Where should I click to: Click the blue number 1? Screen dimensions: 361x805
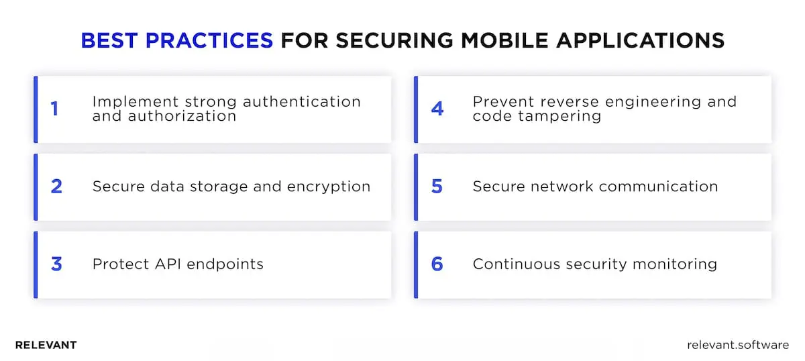coord(55,109)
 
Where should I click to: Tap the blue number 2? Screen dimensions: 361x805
coord(56,187)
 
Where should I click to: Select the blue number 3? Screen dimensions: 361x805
coord(56,264)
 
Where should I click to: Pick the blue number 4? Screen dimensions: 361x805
coord(437,109)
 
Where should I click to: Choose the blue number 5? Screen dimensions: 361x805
coord(437,187)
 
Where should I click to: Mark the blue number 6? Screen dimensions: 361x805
coord(437,264)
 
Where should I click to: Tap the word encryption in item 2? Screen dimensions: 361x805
coord(328,187)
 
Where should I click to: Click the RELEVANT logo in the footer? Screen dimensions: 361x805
coord(46,345)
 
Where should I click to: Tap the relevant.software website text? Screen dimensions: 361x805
coord(738,345)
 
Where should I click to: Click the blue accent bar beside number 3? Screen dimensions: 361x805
coord(36,264)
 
